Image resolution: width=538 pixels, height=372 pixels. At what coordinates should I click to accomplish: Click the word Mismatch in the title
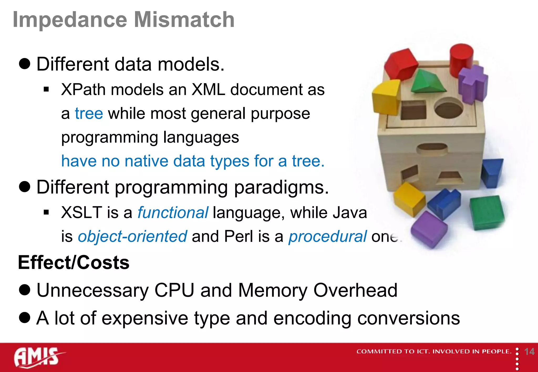[x=184, y=20]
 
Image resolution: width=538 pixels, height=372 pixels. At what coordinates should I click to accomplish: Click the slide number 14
[x=529, y=352]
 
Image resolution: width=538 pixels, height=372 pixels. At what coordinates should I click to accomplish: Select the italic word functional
[x=173, y=212]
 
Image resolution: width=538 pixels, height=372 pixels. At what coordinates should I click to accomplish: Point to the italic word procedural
[x=327, y=236]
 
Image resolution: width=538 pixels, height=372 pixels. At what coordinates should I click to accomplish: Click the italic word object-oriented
[x=132, y=236]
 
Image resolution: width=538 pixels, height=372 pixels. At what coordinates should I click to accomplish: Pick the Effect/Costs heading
[x=74, y=263]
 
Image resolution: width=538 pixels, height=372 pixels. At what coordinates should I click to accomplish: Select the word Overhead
[x=355, y=290]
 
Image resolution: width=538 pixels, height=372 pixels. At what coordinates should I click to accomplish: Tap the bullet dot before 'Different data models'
[x=25, y=64]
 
